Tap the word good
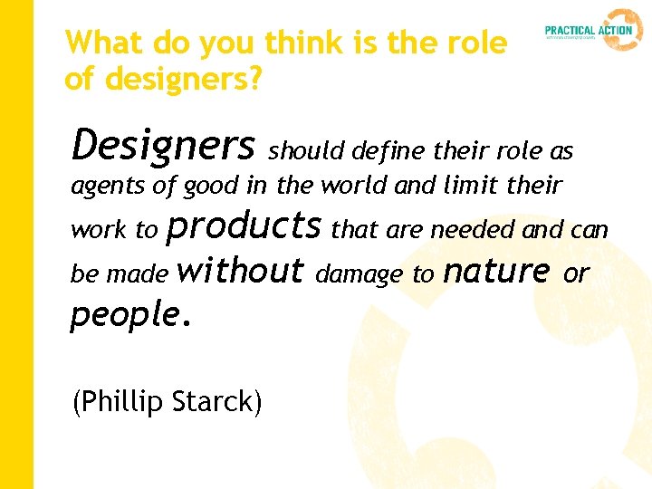[x=211, y=187]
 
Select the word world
[x=354, y=187]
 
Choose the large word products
[x=244, y=225]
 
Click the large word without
[x=242, y=269]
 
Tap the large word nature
[x=498, y=270]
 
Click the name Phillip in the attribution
[x=122, y=400]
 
